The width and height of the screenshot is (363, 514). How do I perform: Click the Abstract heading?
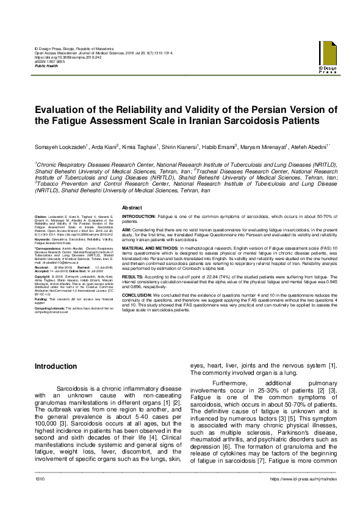point(132,209)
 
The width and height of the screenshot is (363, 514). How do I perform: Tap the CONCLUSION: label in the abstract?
point(137,294)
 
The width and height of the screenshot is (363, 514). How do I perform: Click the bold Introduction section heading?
point(56,366)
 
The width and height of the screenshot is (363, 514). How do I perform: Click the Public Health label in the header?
point(46,65)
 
